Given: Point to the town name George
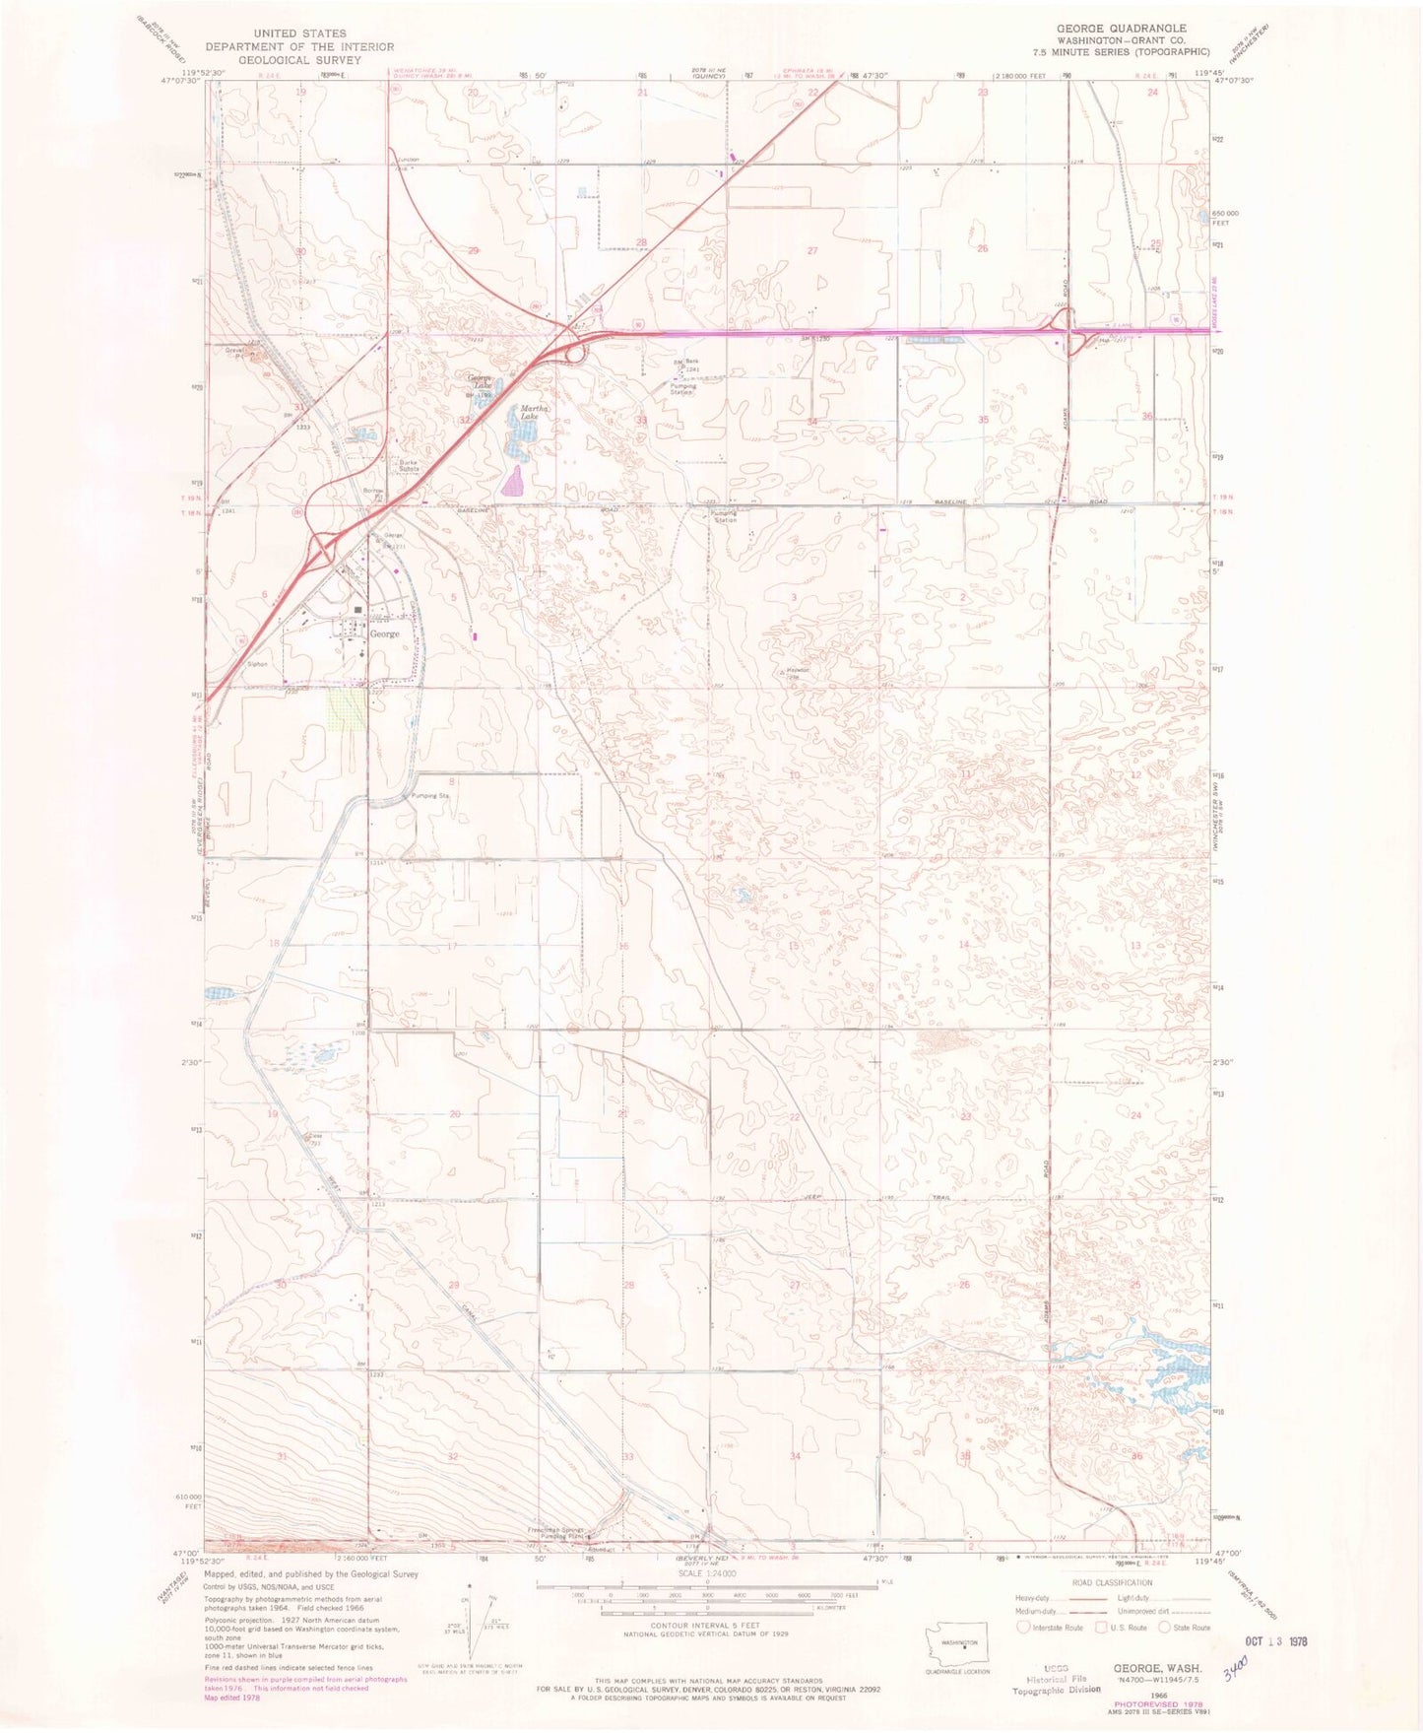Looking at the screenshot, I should coord(384,634).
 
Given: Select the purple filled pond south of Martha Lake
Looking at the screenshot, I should coord(513,483).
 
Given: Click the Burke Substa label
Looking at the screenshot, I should coord(409,466).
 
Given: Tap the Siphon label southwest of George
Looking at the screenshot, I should coord(257,664).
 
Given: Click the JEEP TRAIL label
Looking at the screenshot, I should coord(868,1198).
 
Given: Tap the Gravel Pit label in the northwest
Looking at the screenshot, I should coord(234,352).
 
